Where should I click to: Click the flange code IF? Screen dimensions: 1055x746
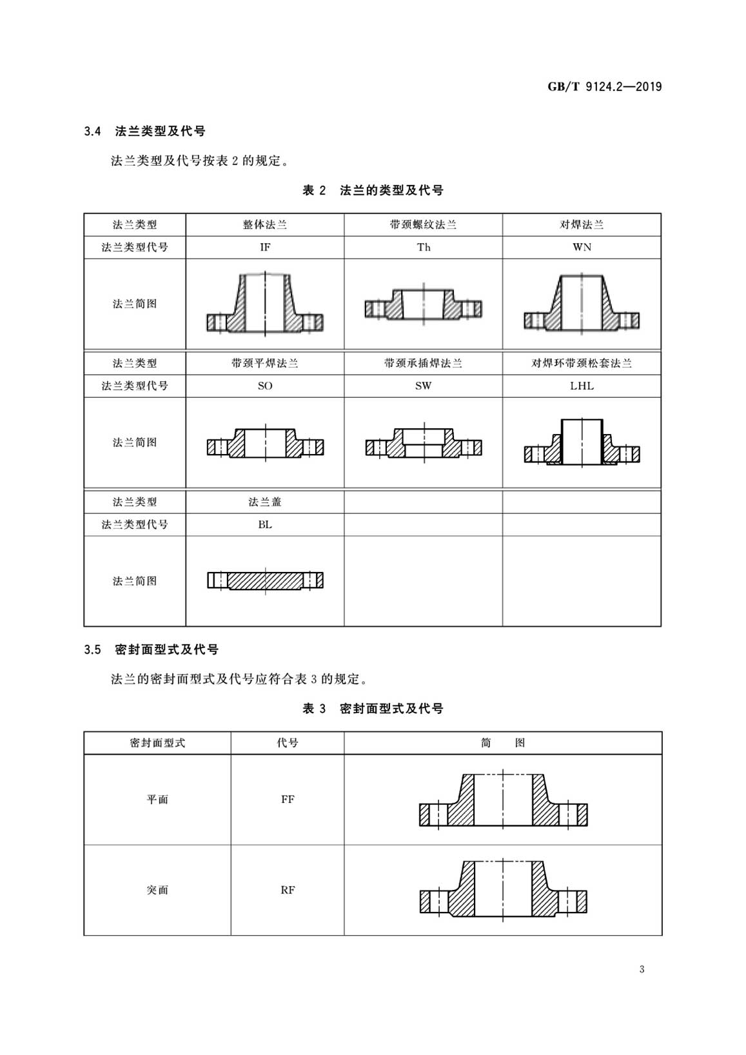[265, 248]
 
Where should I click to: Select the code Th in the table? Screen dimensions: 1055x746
[424, 248]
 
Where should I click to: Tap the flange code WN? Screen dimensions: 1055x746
[582, 248]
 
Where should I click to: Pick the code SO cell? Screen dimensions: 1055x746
[265, 386]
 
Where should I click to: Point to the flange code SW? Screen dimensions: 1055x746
[424, 386]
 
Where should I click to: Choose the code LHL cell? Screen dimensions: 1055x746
[582, 386]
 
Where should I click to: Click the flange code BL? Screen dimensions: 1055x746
[265, 525]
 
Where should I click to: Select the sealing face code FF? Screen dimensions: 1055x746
[288, 800]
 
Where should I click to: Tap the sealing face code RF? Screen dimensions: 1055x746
[288, 891]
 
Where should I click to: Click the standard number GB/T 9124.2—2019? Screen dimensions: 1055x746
[605, 87]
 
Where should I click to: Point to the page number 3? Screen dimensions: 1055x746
[642, 969]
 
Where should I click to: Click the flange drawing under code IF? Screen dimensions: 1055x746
[265, 304]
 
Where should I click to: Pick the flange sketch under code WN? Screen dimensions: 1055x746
[582, 304]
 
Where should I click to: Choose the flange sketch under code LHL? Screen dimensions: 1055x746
[582, 442]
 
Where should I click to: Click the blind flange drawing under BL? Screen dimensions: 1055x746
[265, 581]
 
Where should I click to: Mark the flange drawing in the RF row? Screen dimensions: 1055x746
[503, 889]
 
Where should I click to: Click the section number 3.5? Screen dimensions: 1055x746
[93, 650]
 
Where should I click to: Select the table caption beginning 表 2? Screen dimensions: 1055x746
[373, 191]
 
